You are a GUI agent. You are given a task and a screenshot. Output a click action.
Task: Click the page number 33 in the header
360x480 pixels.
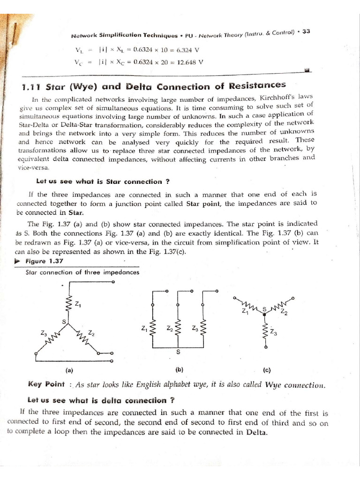coord(306,31)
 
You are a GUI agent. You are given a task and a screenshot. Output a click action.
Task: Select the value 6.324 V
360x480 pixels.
coord(187,49)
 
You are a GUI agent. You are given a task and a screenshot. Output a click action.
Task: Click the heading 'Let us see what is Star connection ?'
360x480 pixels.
coord(99,181)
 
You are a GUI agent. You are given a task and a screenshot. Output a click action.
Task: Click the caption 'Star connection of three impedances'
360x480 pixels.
coord(82,272)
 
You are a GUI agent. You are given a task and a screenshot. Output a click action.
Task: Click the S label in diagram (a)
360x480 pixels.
coord(64,322)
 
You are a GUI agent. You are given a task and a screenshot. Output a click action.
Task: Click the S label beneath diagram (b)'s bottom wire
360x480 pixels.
coord(178,352)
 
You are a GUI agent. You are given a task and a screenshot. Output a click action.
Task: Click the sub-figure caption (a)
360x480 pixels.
coord(69,370)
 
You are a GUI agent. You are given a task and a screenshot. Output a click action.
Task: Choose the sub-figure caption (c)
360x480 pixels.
coord(267,370)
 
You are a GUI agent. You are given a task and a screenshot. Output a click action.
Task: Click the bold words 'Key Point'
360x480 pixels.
coord(46,384)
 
